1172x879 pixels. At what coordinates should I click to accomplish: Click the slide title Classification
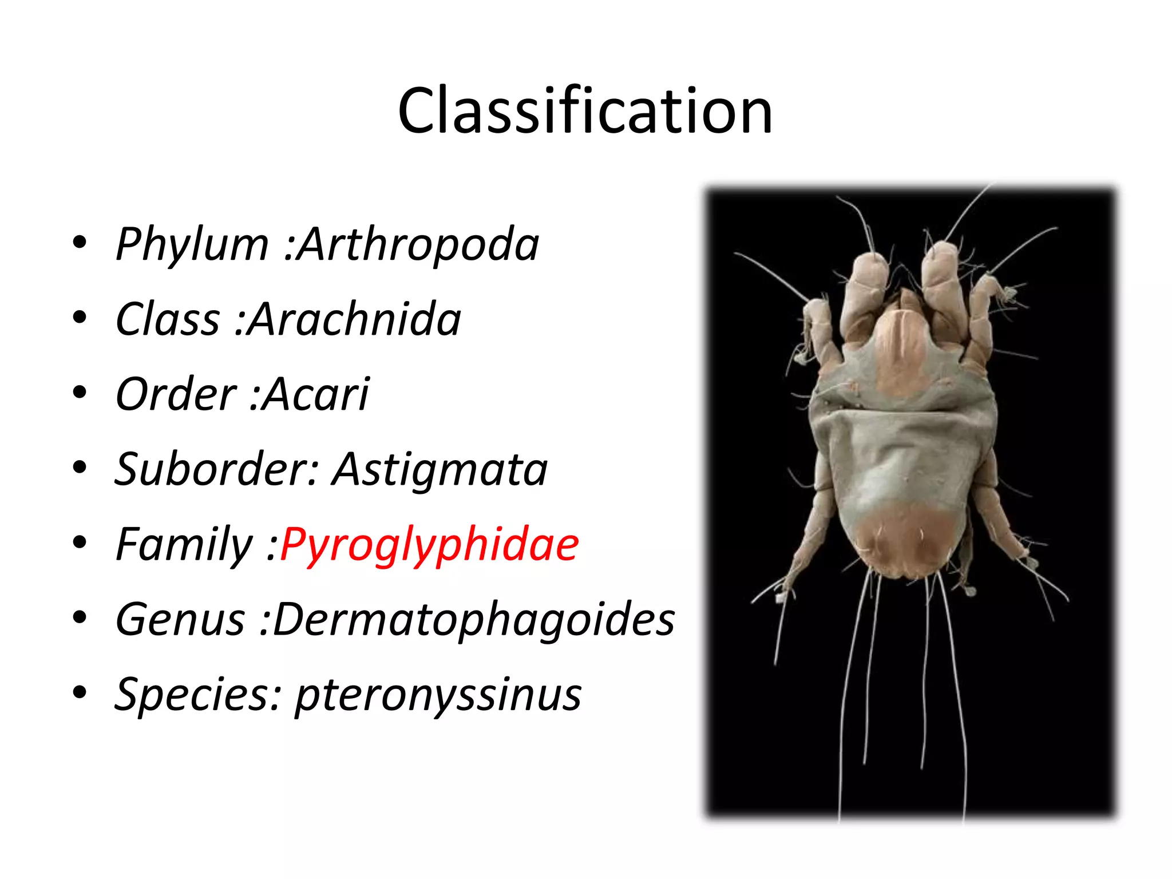tap(585, 110)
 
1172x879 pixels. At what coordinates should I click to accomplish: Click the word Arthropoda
tap(419, 244)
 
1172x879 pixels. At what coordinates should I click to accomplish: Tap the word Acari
tap(316, 394)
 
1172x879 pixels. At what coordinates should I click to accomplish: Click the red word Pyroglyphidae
tap(430, 544)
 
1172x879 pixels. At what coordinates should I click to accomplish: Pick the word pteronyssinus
tap(438, 694)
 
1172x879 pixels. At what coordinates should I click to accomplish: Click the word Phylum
tap(192, 244)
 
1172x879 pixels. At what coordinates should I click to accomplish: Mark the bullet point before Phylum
tap(80, 243)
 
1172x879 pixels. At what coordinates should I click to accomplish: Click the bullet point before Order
tap(80, 393)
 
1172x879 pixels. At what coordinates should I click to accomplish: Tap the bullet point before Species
tap(80, 692)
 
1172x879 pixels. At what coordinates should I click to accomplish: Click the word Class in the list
tap(168, 319)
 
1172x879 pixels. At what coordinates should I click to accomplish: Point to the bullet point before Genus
tap(80, 617)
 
